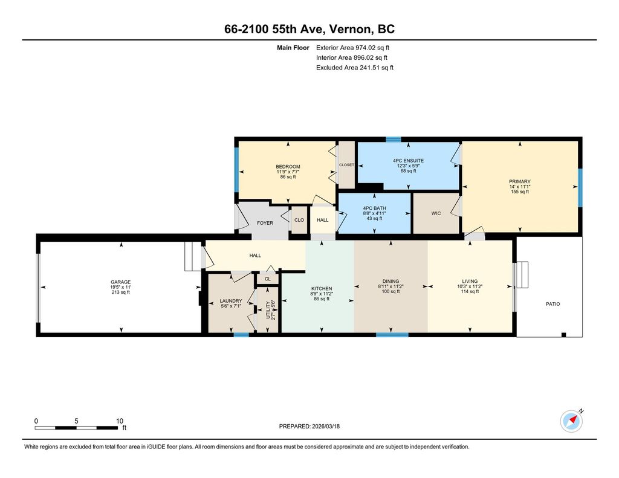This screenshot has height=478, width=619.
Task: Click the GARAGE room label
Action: tap(120, 282)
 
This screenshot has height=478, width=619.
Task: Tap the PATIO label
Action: tap(553, 304)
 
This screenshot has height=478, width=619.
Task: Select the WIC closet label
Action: tap(436, 213)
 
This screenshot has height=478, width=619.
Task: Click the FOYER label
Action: tap(265, 223)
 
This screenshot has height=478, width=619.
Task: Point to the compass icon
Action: tap(571, 421)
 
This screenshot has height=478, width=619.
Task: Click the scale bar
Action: tap(76, 428)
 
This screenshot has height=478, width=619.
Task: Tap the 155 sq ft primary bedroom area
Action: tap(519, 192)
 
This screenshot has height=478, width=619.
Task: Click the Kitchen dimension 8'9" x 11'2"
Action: tap(322, 294)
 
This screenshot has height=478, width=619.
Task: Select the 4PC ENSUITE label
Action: tap(408, 161)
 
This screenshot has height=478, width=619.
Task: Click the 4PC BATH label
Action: tap(374, 208)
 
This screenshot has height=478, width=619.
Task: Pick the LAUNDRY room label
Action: tap(230, 301)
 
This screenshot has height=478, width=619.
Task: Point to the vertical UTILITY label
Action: tap(268, 310)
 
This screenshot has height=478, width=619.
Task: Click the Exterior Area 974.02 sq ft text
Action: tap(352, 48)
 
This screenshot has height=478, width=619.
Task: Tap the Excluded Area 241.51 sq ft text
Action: tap(354, 68)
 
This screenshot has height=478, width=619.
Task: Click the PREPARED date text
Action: tap(309, 426)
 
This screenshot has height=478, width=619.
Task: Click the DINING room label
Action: tap(391, 282)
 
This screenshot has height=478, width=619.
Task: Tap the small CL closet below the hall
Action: tap(268, 279)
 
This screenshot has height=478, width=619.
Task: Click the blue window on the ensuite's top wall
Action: tap(393, 140)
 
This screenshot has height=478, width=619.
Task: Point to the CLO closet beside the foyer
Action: tap(299, 220)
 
